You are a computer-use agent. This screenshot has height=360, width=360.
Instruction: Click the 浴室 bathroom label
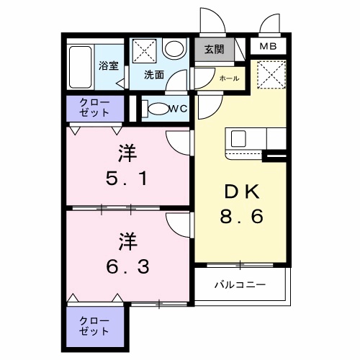(109, 65)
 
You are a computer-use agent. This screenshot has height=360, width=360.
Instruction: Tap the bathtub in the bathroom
(81, 66)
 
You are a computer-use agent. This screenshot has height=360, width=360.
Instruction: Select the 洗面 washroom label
(153, 74)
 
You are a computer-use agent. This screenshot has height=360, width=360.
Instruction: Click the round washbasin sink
(173, 50)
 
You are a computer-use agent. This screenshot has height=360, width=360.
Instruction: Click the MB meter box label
(268, 48)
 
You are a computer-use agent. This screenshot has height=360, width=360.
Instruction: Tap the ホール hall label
(229, 78)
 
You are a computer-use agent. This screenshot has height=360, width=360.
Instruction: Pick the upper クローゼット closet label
(95, 108)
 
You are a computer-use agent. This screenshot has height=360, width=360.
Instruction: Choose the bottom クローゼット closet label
(95, 325)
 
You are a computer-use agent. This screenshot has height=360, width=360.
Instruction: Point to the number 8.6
(241, 215)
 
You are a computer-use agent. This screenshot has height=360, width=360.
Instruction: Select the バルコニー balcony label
(240, 284)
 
